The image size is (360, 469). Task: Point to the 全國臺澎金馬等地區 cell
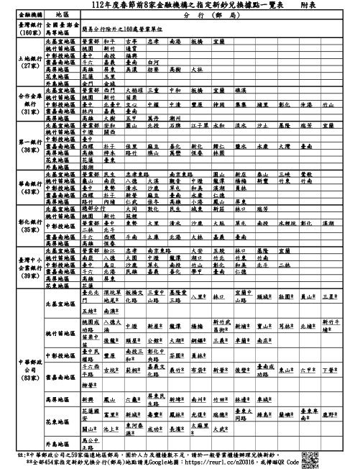coord(63,28)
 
